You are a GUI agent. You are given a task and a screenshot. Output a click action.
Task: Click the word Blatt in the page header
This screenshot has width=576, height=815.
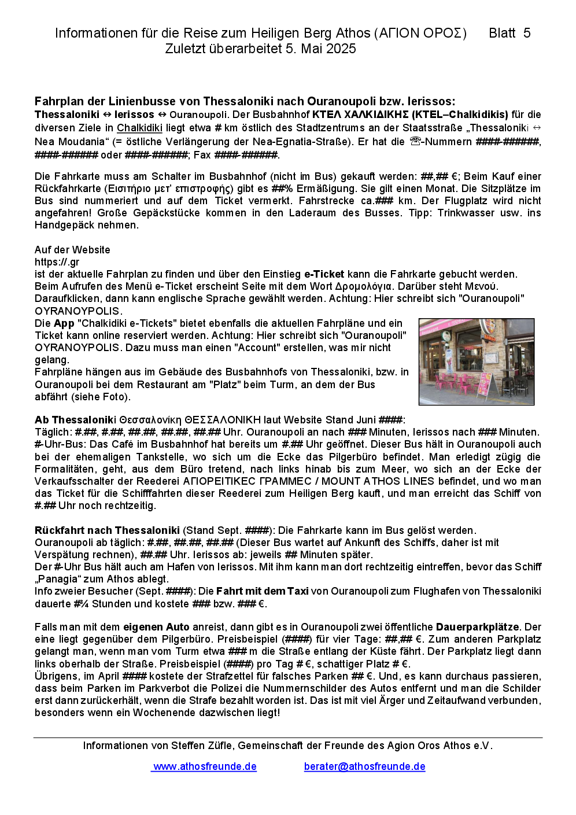[501, 34]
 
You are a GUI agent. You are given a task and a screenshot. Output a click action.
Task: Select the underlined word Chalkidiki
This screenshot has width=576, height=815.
[139, 128]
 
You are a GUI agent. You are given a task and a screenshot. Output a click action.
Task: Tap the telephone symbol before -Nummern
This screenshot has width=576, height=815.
[415, 141]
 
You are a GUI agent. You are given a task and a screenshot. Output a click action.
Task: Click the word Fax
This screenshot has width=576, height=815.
[202, 154]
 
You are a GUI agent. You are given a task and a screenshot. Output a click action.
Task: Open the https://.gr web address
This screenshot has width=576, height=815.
[57, 262]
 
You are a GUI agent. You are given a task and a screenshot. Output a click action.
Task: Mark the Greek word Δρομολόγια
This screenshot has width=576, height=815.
[364, 286]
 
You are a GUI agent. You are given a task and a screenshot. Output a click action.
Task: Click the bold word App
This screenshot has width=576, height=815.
[64, 323]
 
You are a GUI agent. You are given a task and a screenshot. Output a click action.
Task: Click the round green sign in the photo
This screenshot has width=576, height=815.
[446, 336]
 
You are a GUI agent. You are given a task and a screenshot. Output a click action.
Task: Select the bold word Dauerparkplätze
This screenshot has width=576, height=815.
[477, 627]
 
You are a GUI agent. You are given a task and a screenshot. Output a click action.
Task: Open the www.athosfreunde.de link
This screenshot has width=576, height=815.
[205, 766]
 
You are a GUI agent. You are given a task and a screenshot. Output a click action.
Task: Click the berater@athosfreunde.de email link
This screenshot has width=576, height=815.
[364, 766]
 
